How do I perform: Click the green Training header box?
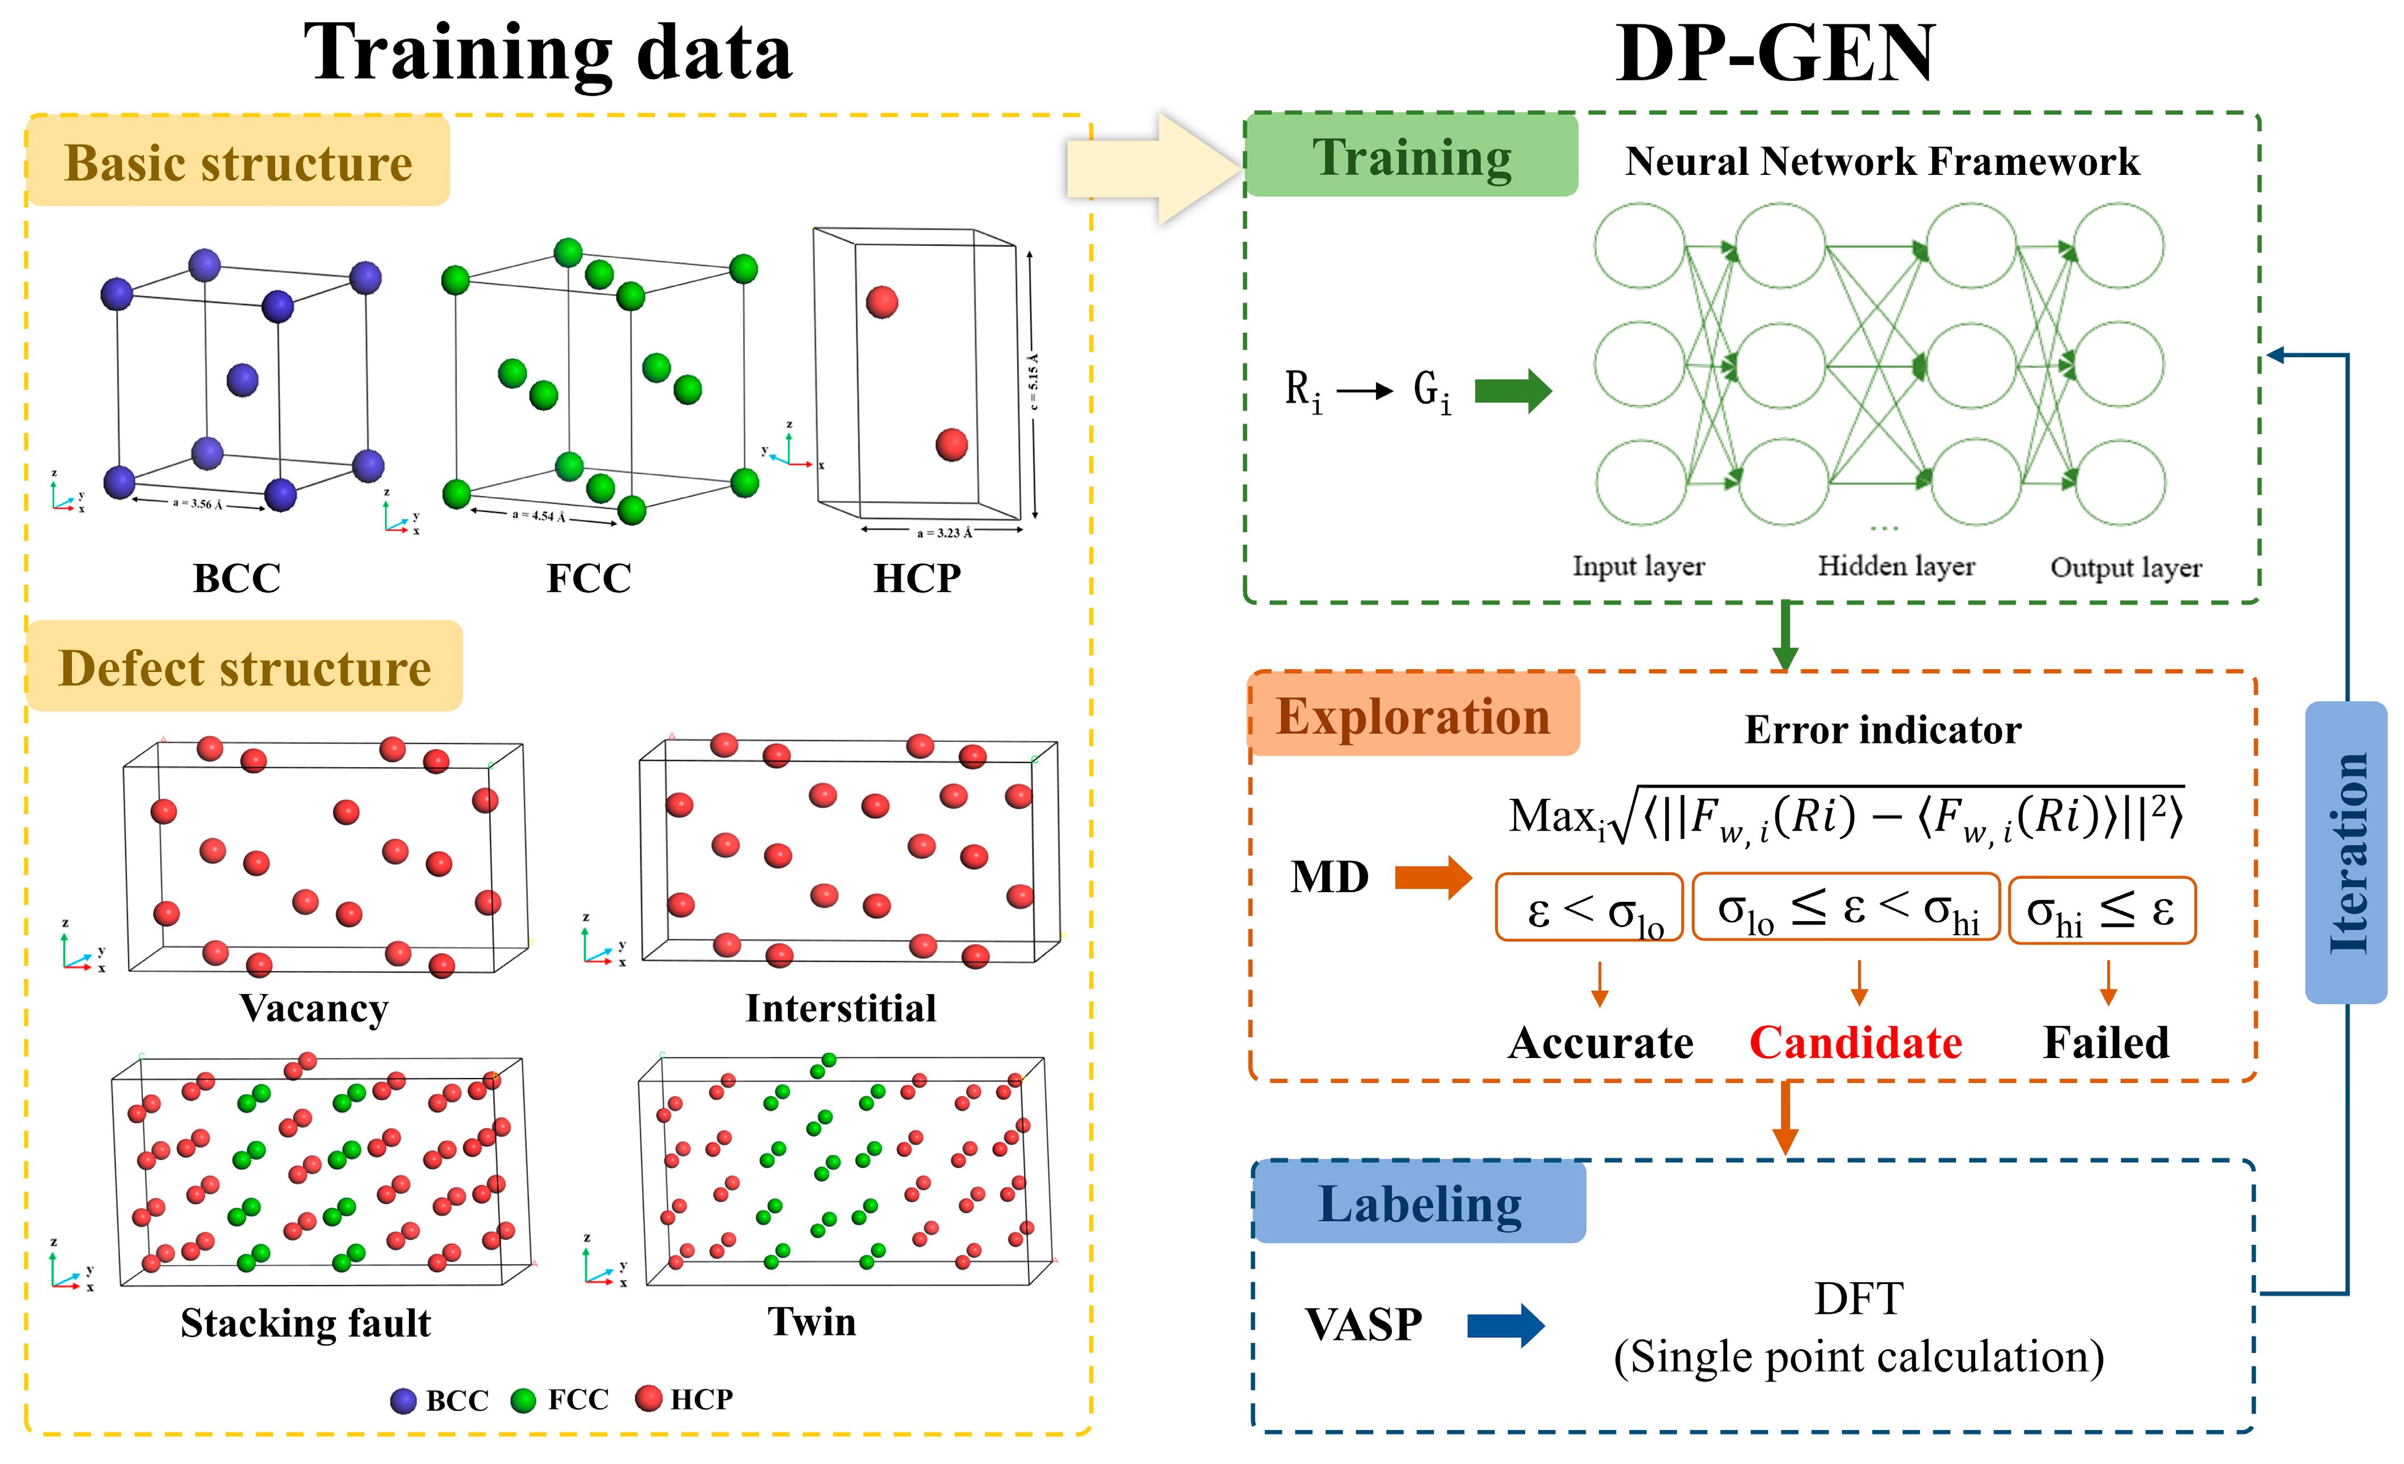[x=1411, y=156]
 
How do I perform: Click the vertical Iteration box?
[x=2346, y=853]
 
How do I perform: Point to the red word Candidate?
[x=1855, y=1043]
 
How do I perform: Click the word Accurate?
[x=1600, y=1043]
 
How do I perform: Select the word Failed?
[x=2105, y=1043]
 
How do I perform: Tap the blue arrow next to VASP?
[x=1506, y=1325]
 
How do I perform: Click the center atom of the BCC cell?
[x=242, y=379]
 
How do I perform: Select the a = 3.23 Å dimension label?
[x=944, y=533]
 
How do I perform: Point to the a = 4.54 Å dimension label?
[x=539, y=515]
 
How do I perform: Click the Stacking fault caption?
[x=305, y=1322]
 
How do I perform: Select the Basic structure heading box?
[x=238, y=162]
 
